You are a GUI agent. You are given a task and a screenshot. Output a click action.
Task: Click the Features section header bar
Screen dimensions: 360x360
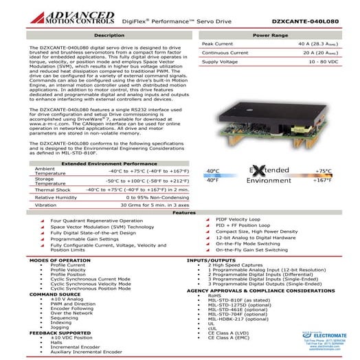click(x=179, y=213)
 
